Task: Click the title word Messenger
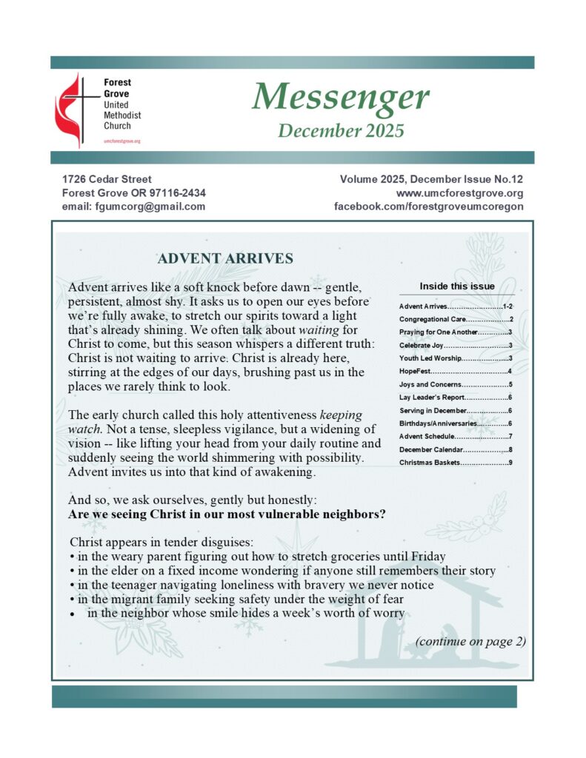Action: point(341,97)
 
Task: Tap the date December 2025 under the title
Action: point(341,131)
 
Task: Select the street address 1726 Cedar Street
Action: point(107,179)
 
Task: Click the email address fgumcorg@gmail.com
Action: point(133,207)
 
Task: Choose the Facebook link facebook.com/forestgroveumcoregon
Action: point(429,207)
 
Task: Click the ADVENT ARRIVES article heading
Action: point(225,258)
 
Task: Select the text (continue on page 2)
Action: point(470,641)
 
